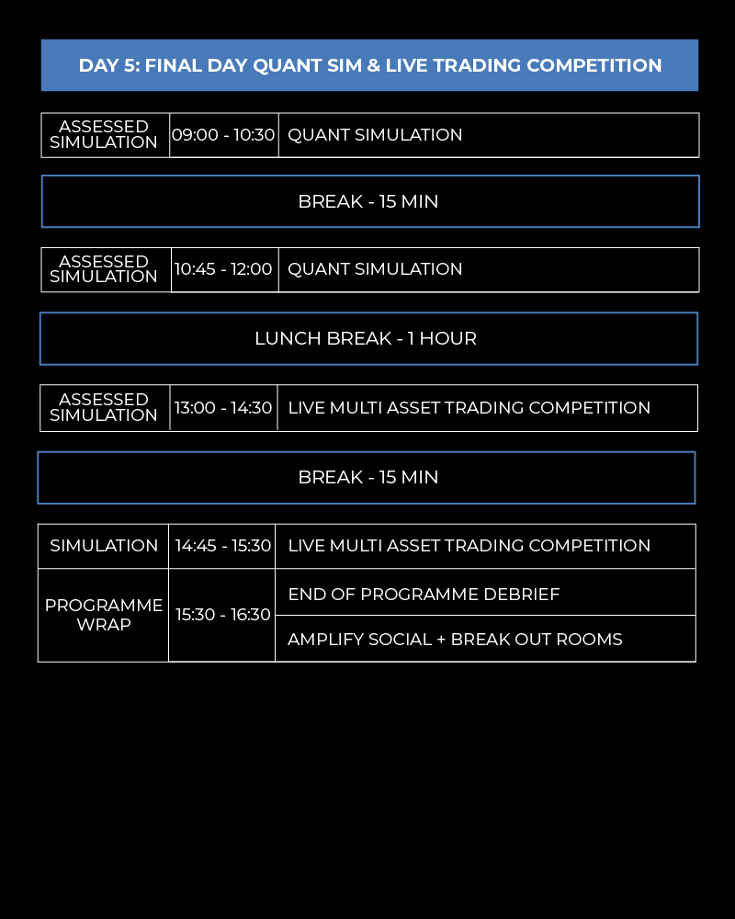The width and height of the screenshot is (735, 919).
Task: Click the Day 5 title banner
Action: tap(369, 65)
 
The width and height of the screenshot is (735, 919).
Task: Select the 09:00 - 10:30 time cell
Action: tap(223, 135)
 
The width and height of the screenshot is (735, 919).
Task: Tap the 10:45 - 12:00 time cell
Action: tap(223, 269)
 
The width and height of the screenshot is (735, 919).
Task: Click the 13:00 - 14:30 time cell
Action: tap(223, 407)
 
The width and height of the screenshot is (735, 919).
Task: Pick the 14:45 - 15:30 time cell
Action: tap(223, 545)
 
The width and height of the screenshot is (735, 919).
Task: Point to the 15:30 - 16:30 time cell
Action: tap(223, 615)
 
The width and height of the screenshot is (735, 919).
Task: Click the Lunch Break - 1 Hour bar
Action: tap(367, 338)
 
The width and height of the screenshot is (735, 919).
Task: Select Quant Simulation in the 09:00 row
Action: tap(375, 135)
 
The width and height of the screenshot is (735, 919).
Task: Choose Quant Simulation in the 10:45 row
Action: tap(375, 269)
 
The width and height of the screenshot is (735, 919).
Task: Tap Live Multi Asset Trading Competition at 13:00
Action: tap(469, 407)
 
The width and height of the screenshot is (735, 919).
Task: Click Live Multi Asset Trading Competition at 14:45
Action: tap(469, 545)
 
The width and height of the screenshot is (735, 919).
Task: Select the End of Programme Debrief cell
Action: tap(424, 594)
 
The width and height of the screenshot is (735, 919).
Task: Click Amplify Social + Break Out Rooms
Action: tap(455, 639)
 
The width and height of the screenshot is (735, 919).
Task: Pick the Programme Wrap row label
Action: tap(104, 615)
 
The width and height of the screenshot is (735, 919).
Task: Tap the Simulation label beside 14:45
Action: tap(104, 545)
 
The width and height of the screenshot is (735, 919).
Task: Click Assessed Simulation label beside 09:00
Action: tap(104, 134)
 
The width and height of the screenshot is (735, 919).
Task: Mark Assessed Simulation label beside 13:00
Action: tap(104, 407)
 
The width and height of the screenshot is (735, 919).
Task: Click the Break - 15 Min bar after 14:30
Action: tap(367, 477)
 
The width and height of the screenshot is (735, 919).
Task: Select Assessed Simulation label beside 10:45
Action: tap(104, 268)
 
